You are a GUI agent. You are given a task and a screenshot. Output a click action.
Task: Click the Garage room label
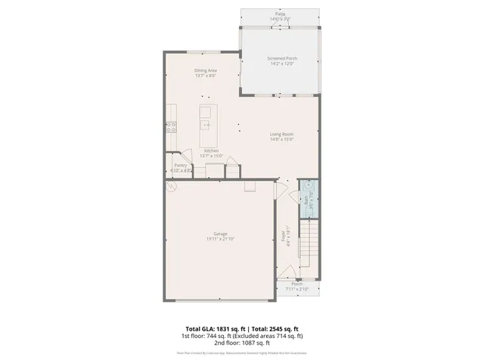(x=220, y=234)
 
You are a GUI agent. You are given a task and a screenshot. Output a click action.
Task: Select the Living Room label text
(x=282, y=135)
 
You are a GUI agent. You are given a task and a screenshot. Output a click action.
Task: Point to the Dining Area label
(x=206, y=70)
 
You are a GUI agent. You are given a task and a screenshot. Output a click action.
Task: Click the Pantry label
(x=181, y=165)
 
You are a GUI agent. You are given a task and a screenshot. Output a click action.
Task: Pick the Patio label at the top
(x=279, y=14)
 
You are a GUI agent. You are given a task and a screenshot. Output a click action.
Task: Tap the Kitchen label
(x=212, y=150)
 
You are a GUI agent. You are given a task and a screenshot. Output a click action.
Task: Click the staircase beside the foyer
(x=309, y=246)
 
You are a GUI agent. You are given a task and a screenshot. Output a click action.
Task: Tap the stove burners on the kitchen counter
(x=171, y=127)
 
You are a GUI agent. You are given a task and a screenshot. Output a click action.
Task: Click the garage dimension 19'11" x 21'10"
(x=220, y=239)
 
